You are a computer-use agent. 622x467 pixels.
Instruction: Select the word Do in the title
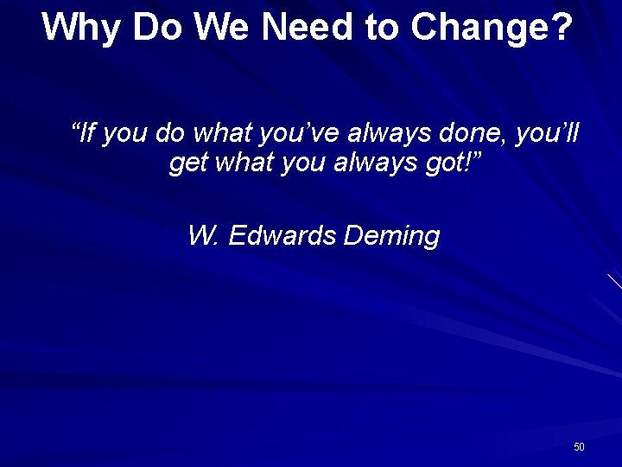(x=151, y=27)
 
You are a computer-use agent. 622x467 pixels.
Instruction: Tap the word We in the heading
(x=219, y=27)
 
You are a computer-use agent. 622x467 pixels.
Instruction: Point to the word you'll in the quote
(x=549, y=133)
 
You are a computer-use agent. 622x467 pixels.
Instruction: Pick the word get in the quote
(x=187, y=163)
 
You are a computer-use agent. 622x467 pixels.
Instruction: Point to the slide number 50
(x=579, y=447)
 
